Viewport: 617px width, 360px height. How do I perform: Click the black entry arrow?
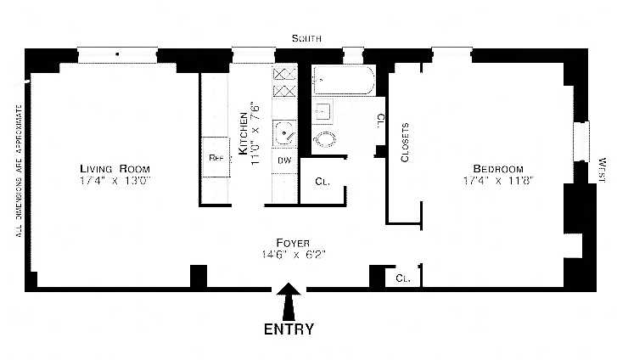[x=289, y=301]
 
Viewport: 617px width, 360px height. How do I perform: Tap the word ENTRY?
[x=289, y=329]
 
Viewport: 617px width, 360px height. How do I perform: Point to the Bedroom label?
[x=498, y=167]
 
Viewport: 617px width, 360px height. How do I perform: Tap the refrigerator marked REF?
[x=216, y=158]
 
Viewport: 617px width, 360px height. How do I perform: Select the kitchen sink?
[x=283, y=132]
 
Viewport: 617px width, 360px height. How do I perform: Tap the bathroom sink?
[x=323, y=111]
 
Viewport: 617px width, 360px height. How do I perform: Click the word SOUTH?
[x=307, y=39]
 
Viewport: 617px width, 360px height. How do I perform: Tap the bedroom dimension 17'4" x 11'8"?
[x=498, y=180]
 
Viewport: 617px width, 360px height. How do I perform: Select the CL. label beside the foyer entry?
[x=402, y=278]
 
